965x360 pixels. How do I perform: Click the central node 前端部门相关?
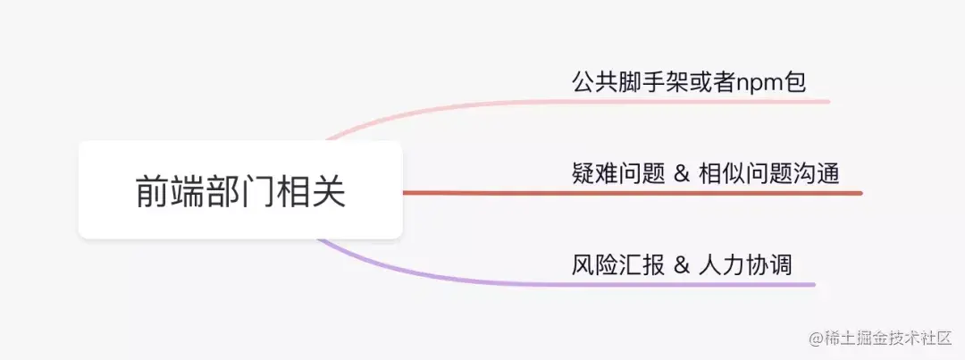[x=240, y=191]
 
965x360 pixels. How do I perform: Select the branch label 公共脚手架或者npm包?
[x=689, y=82]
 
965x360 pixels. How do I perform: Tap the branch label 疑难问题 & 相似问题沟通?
[x=705, y=173]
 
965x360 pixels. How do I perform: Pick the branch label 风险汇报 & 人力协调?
[x=682, y=265]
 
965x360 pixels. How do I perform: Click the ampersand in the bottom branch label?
[x=682, y=266]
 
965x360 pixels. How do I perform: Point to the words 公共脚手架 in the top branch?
[x=630, y=82]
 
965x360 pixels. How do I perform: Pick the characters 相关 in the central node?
[x=310, y=191]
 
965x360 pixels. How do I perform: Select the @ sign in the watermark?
[x=815, y=339]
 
